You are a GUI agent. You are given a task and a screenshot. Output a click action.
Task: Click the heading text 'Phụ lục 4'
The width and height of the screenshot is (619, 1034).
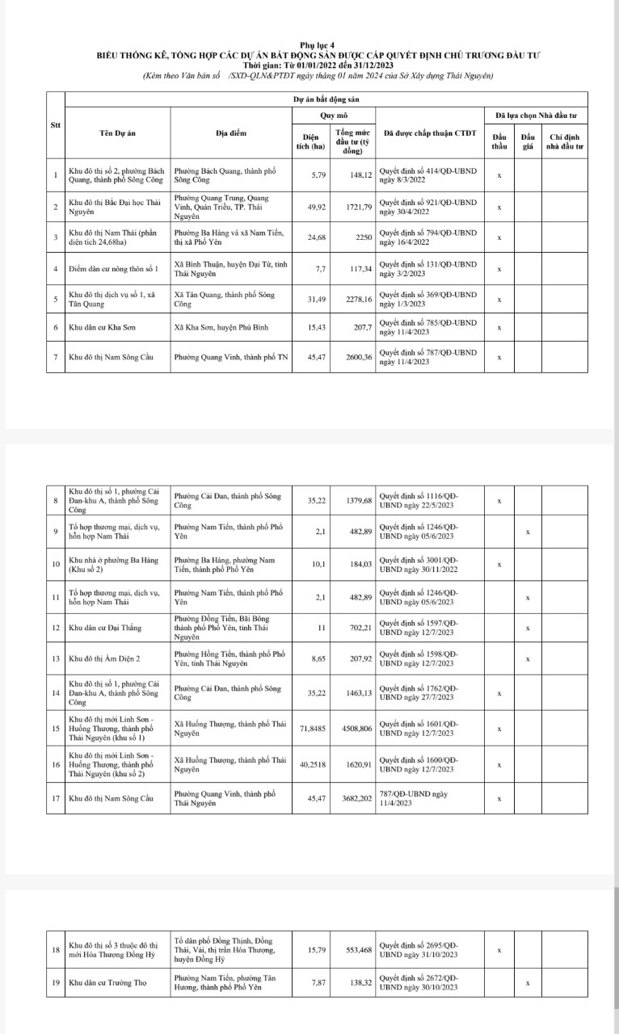point(310,46)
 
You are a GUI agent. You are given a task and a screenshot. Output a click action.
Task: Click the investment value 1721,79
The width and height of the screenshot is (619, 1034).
point(356,208)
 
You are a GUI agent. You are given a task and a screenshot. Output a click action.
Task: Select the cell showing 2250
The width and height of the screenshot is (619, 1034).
point(360,237)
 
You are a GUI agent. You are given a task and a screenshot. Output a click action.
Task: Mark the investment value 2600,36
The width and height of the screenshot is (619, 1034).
point(356,356)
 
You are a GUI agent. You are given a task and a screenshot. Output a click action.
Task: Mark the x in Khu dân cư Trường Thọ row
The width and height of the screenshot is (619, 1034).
point(528,982)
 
